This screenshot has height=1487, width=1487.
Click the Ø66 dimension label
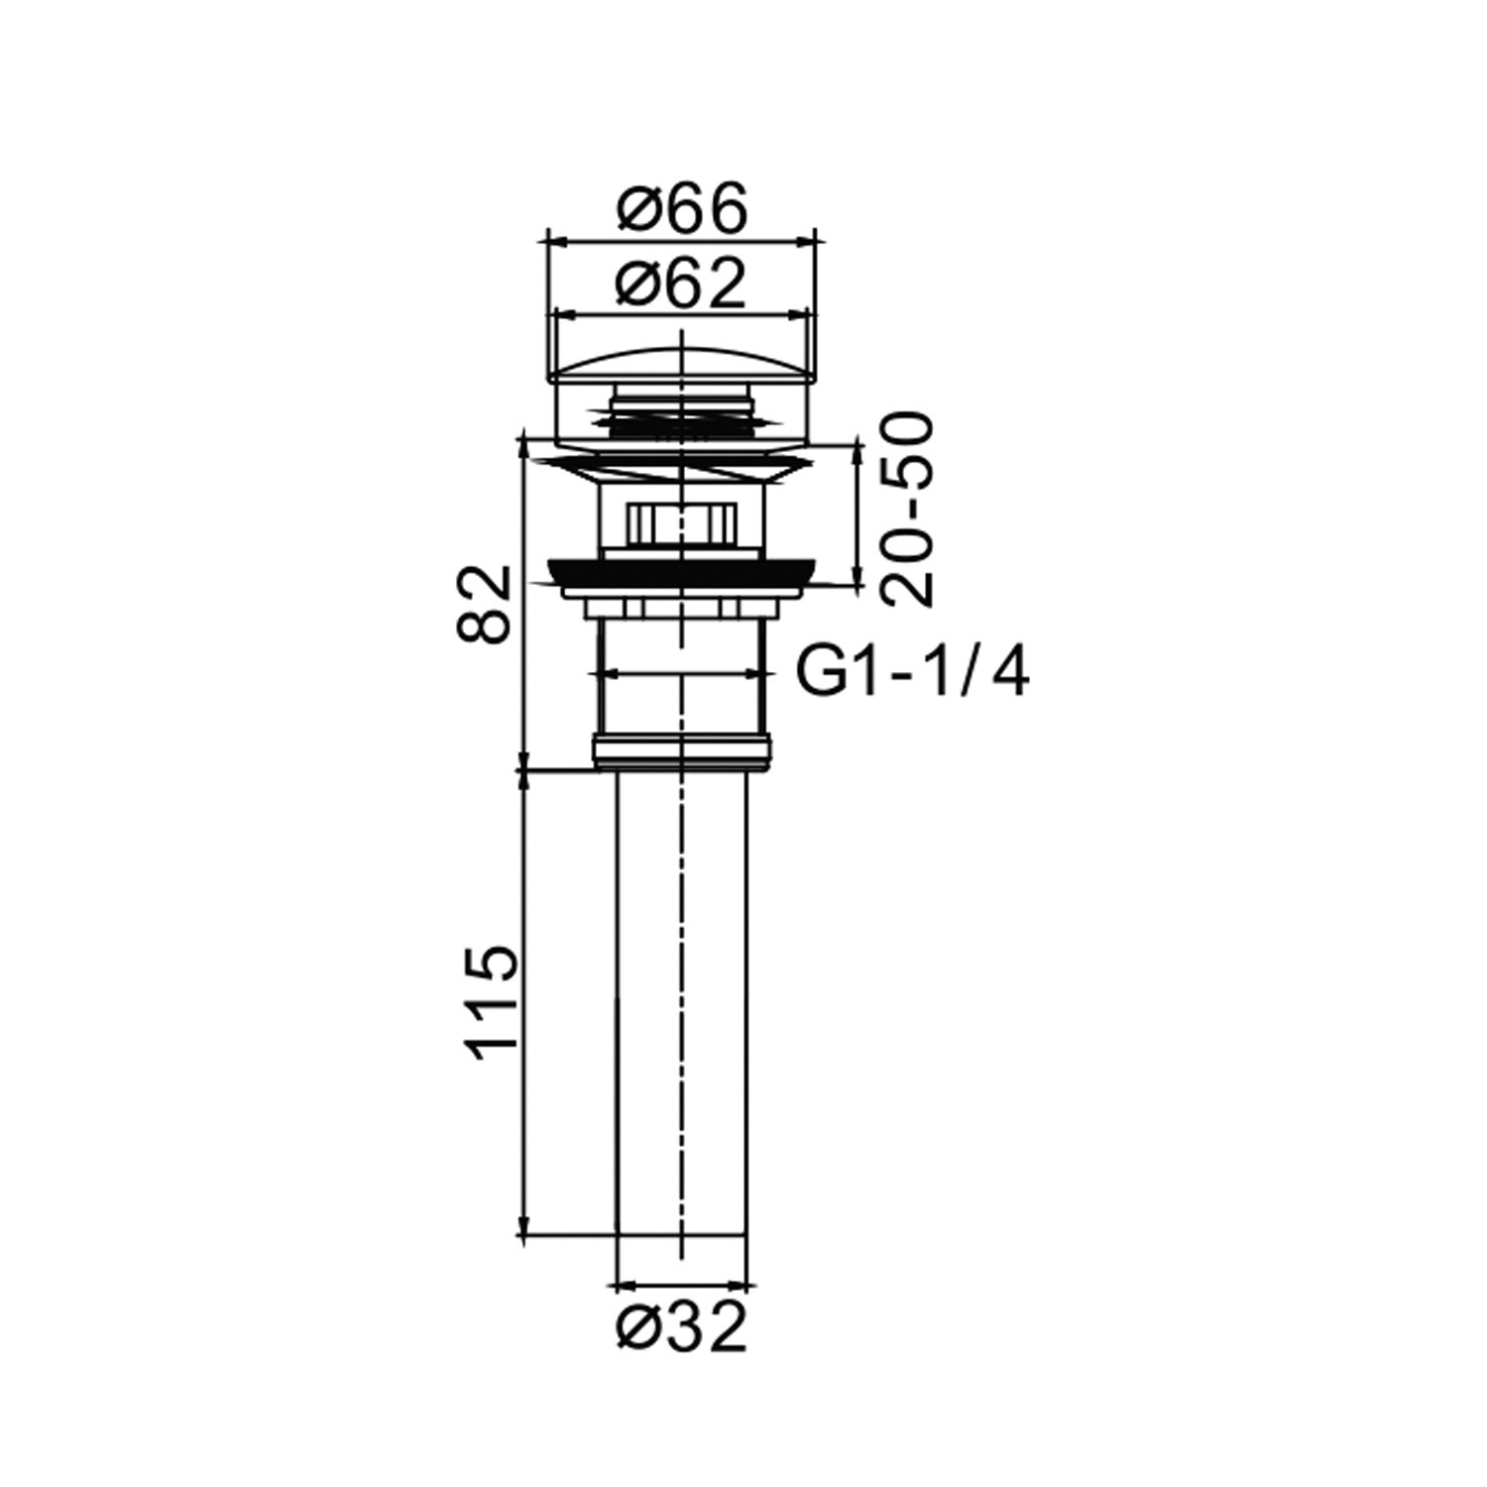[680, 210]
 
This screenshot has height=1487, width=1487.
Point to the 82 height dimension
[486, 604]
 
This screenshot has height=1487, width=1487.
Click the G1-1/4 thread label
[913, 675]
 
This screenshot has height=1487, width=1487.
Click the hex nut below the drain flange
[680, 522]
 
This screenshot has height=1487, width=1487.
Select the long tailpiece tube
[682, 1001]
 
